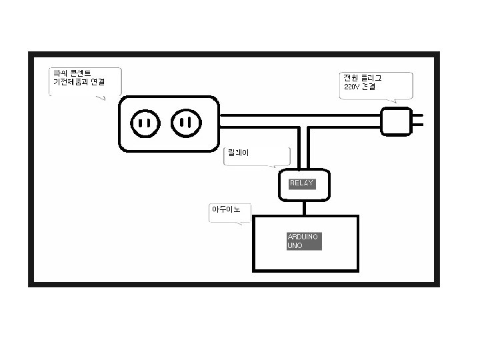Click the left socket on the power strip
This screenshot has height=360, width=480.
pos(145,123)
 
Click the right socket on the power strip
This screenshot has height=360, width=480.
pos(185,123)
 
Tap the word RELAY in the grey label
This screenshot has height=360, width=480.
pos(301,183)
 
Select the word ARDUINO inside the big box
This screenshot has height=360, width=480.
pos(303,237)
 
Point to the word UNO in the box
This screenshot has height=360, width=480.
pos(295,245)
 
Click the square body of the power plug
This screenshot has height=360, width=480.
pos(396,121)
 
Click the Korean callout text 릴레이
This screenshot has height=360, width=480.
pos(238,153)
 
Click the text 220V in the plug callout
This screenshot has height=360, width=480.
pos(351,87)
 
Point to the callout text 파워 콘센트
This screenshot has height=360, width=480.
pos(72,73)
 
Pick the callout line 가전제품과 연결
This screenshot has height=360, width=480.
pos(79,82)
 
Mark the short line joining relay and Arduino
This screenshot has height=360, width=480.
pos(305,207)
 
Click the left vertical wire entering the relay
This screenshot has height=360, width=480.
pos(299,149)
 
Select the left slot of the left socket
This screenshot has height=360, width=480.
pos(141,123)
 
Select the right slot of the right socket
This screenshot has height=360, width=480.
pos(189,123)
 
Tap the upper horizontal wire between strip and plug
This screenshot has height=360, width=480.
pos(300,115)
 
